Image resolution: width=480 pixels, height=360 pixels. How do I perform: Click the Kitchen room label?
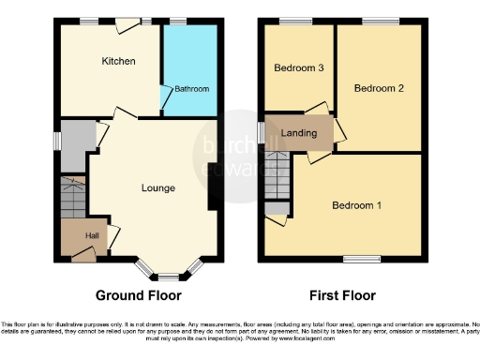[x=119, y=62]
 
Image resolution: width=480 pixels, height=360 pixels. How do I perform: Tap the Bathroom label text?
[x=191, y=89]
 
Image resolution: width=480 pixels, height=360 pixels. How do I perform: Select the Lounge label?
[x=157, y=188]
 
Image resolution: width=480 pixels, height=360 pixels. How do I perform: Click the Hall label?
[x=94, y=236]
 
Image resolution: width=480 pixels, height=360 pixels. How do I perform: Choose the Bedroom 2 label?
[x=379, y=88]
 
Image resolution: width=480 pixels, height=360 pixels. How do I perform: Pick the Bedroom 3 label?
[x=299, y=67]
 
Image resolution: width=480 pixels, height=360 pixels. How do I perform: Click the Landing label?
[x=299, y=133]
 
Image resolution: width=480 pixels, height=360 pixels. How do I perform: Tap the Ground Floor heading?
[x=139, y=294]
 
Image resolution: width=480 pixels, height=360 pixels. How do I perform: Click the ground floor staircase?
[x=72, y=198]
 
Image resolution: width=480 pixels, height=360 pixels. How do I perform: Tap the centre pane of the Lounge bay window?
[x=169, y=277]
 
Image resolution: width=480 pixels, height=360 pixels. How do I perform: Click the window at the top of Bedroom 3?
[x=299, y=21]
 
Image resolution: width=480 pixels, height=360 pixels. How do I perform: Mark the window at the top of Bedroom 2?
[x=379, y=21]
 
